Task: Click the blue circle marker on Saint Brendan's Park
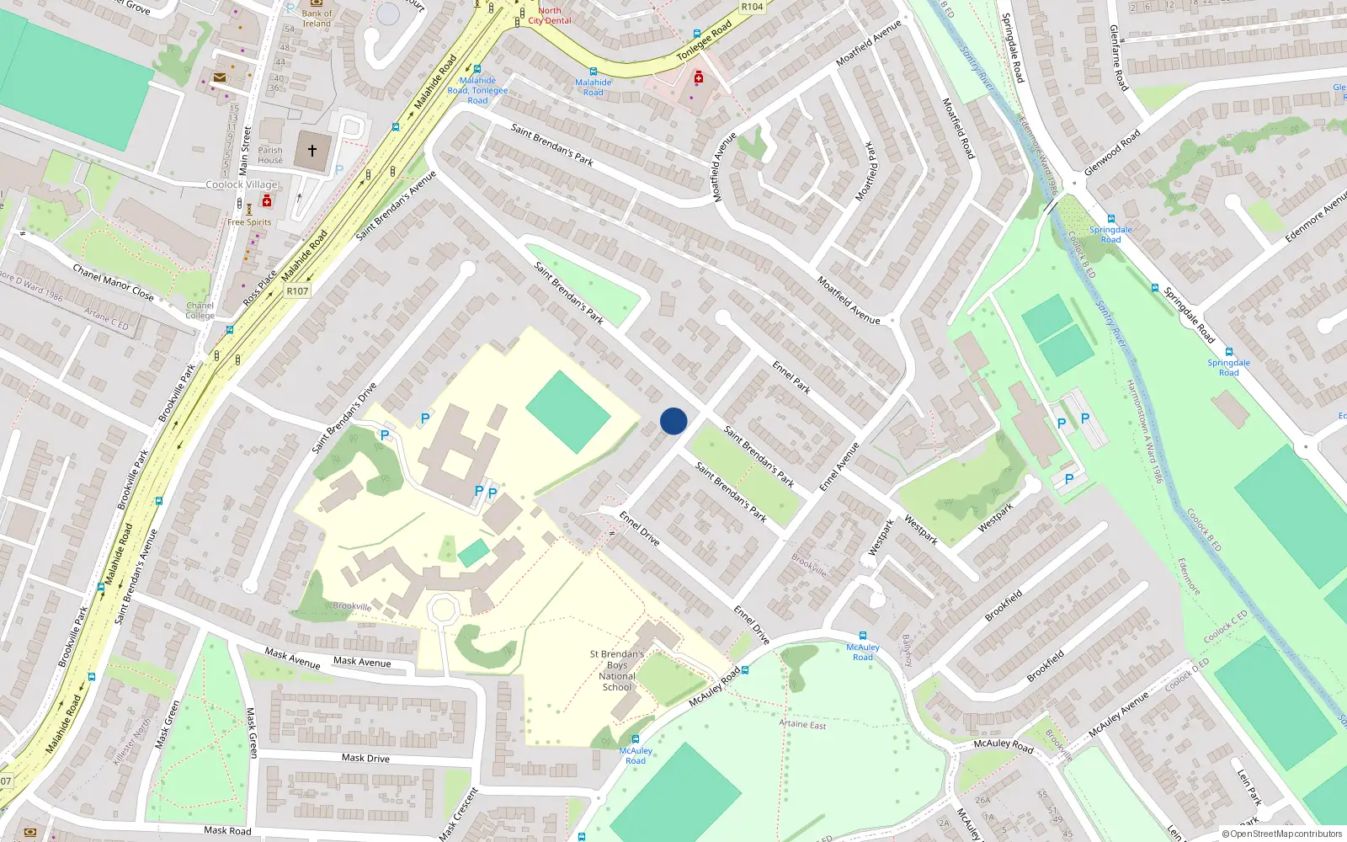[673, 421]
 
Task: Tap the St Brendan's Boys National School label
[617, 670]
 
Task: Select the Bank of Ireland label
[317, 18]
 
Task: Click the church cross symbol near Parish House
[312, 151]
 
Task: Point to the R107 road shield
[297, 290]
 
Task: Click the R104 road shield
[752, 7]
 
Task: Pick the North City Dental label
[549, 15]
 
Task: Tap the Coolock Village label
[242, 184]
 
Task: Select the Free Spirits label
[249, 222]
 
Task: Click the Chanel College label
[200, 311]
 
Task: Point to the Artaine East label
[802, 724]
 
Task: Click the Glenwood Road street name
[1112, 152]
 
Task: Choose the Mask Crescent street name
[459, 813]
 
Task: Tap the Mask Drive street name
[365, 758]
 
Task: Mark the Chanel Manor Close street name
[113, 282]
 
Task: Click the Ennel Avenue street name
[839, 466]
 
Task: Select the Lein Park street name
[1249, 786]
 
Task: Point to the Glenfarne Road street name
[1119, 57]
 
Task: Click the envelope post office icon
[220, 77]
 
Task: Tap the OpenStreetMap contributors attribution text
[1282, 834]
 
